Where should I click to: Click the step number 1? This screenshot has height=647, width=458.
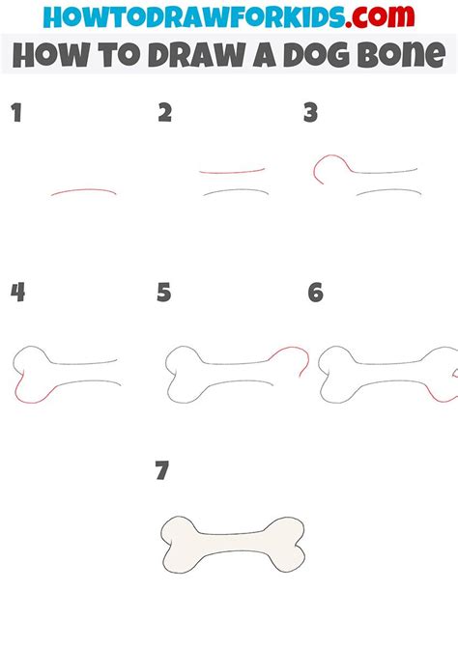15,114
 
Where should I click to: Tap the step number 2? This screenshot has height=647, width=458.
164,114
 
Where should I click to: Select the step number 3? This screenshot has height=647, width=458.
310,114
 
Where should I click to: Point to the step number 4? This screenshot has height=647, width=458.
16,293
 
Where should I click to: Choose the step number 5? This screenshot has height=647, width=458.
164,293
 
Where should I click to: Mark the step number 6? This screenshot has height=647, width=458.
314,293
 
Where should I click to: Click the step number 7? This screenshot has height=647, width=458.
162,471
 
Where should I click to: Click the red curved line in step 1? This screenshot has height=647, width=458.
84,190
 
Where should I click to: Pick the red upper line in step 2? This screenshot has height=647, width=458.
232,171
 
